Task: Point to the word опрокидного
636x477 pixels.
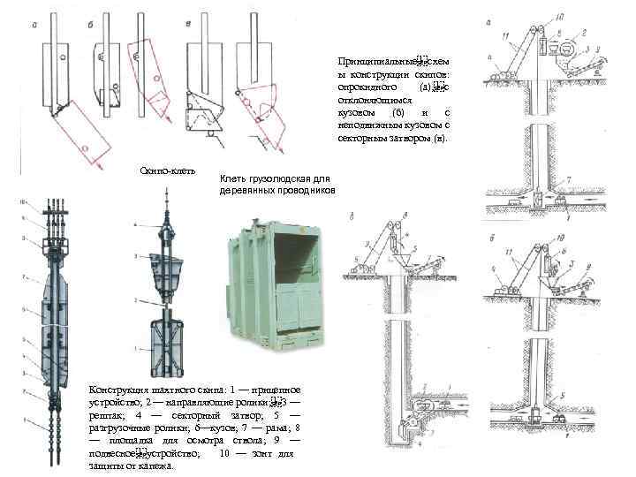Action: click(364, 88)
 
